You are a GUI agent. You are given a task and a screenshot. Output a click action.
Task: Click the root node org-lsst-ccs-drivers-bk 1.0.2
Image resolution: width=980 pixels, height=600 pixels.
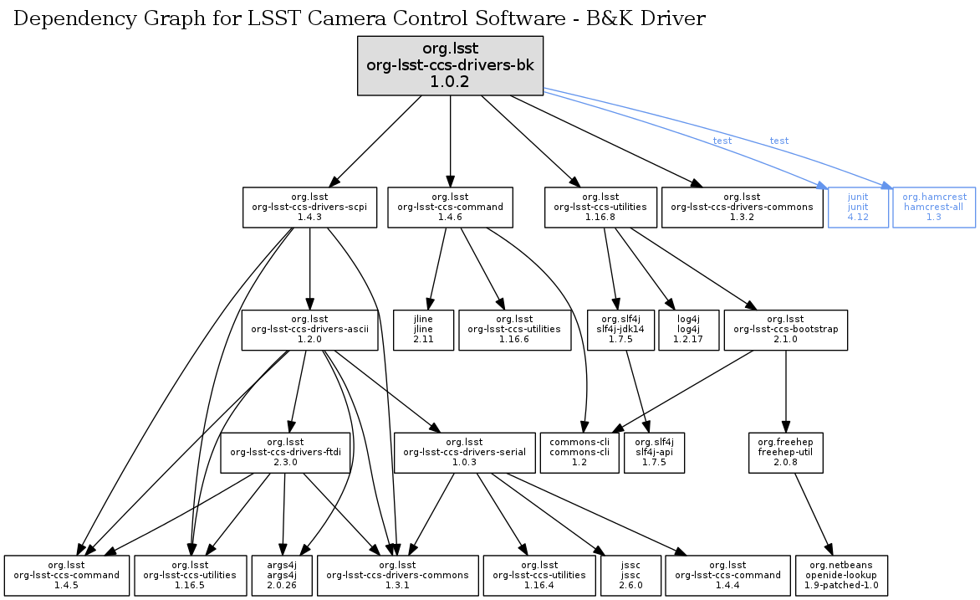click(x=451, y=64)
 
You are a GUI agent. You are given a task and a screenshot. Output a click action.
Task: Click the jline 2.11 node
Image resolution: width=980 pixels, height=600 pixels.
click(x=424, y=330)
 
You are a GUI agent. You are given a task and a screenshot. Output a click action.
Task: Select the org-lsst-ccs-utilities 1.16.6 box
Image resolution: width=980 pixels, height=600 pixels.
click(x=514, y=330)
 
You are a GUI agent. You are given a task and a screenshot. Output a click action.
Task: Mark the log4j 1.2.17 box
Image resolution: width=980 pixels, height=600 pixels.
click(x=688, y=330)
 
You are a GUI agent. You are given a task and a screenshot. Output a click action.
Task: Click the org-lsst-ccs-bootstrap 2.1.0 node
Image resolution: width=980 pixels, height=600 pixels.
click(x=785, y=330)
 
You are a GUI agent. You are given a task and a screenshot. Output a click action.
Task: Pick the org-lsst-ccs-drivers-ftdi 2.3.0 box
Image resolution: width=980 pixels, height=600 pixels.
click(x=285, y=452)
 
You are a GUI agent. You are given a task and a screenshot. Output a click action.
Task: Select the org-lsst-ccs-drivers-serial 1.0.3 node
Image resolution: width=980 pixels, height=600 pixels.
click(x=464, y=452)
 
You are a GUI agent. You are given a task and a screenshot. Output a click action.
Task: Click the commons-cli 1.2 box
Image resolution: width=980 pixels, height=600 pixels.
click(x=579, y=452)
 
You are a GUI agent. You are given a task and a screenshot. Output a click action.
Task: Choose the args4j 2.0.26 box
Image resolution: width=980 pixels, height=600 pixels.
click(x=282, y=575)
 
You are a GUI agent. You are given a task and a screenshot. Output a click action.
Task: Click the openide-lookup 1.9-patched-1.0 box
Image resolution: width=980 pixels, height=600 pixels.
click(x=842, y=575)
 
